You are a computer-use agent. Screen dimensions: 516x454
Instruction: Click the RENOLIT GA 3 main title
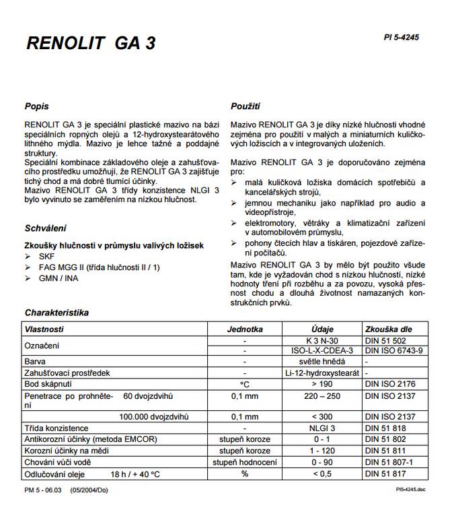[x=91, y=44]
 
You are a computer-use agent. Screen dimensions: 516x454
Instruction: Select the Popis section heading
[x=36, y=106]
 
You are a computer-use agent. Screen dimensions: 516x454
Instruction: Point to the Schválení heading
[x=45, y=228]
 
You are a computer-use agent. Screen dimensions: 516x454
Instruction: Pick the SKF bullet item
[x=47, y=257]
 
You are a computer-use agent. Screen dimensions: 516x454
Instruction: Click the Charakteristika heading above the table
[x=56, y=313]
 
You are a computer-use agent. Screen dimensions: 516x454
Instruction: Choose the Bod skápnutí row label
[x=50, y=384]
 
